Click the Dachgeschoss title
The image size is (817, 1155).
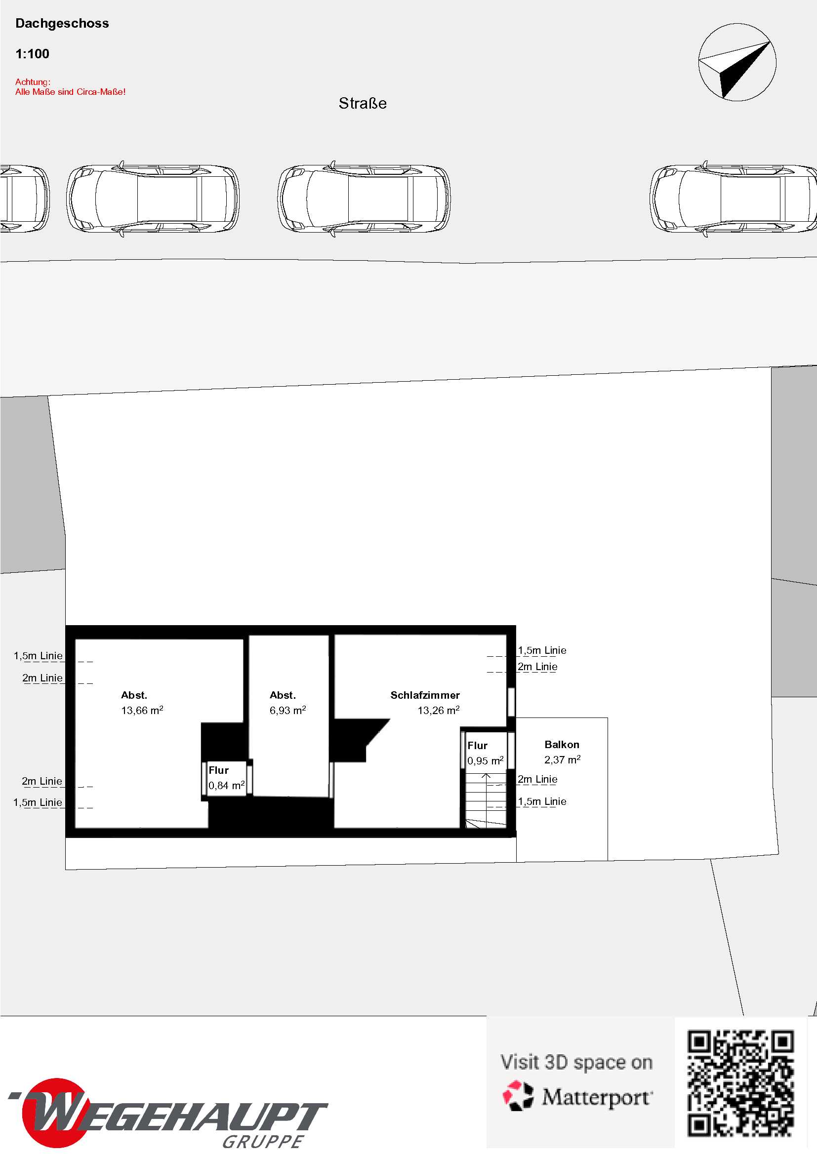(x=62, y=23)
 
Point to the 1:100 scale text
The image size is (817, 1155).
(x=32, y=54)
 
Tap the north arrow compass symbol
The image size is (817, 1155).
(x=737, y=62)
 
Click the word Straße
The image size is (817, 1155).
(x=363, y=103)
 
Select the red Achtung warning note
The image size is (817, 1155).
(x=70, y=86)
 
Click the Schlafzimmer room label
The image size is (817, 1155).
(x=425, y=695)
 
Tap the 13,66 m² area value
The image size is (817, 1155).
(x=142, y=710)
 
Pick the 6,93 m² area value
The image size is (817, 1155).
(x=288, y=710)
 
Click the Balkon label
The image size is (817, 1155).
(x=562, y=745)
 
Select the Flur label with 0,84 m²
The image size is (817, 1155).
(x=218, y=770)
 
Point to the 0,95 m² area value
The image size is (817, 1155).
(x=486, y=760)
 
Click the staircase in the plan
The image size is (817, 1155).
(x=486, y=800)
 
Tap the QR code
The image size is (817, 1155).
(x=740, y=1083)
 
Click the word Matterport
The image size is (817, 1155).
(x=597, y=1097)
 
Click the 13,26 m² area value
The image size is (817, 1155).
(x=438, y=710)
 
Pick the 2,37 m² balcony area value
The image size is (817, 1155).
(x=563, y=759)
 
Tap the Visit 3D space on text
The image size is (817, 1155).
(x=576, y=1062)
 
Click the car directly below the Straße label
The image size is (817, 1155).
(x=364, y=199)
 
